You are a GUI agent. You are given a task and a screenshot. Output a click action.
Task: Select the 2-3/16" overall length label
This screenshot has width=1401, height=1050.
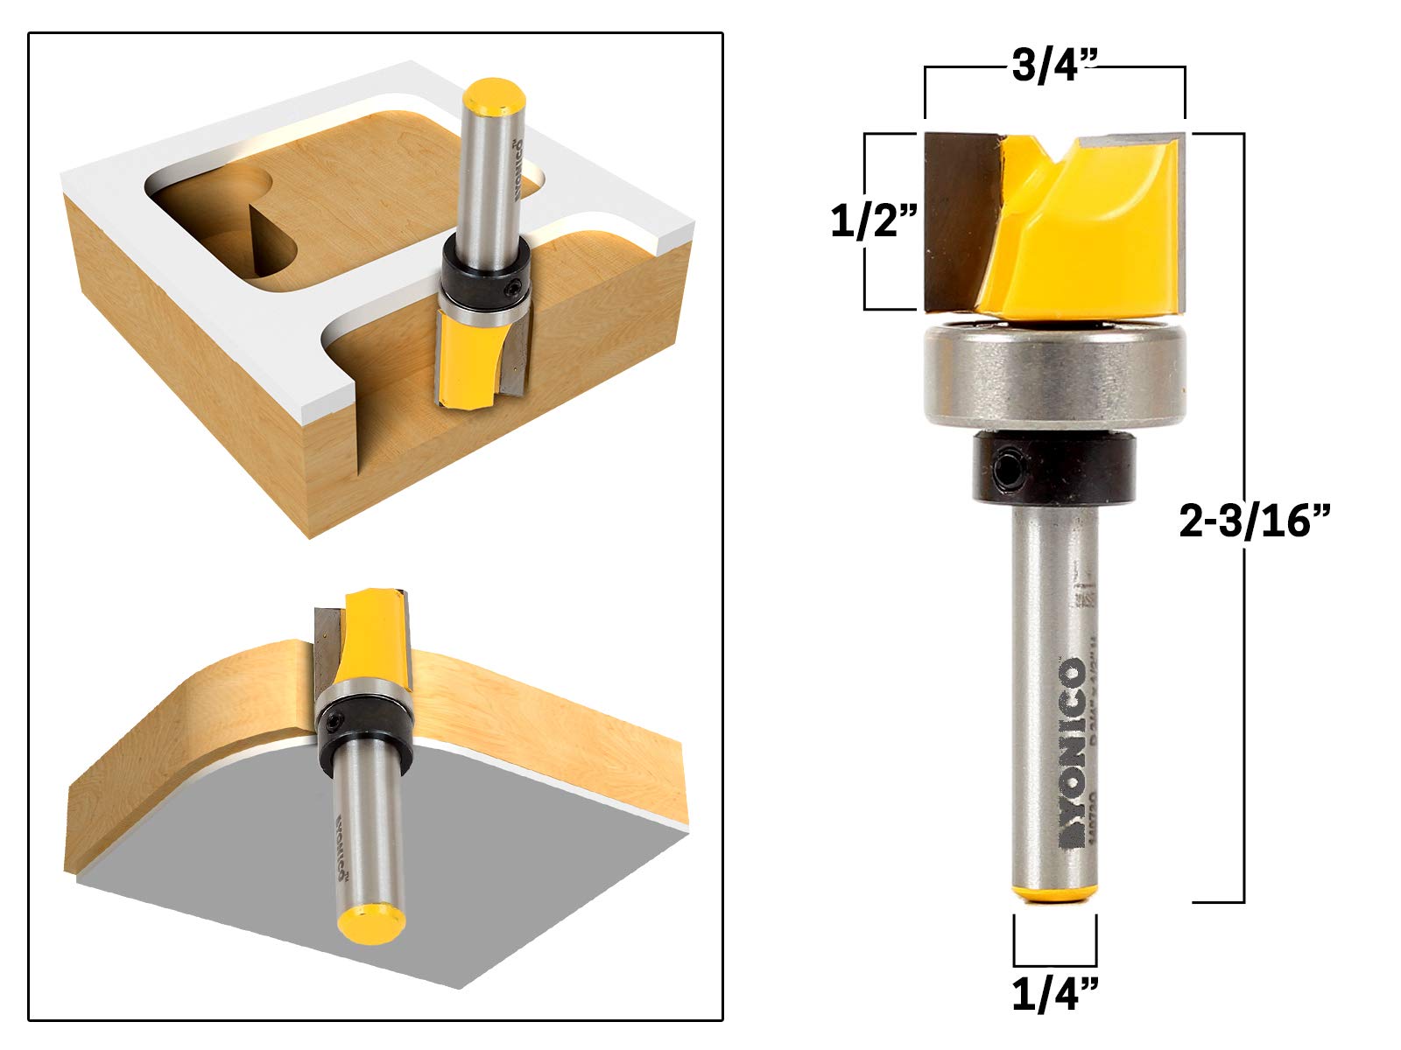coord(1254,522)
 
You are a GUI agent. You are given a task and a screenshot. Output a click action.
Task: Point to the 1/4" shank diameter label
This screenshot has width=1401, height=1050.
coord(1054,995)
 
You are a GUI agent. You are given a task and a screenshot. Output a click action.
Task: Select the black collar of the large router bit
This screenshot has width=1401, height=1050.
coord(1054,471)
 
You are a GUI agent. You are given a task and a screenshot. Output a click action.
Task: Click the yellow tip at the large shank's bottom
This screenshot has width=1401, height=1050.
coord(1055,892)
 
